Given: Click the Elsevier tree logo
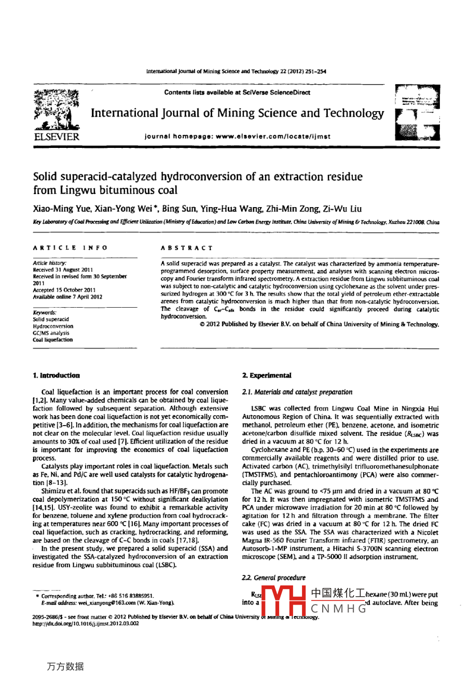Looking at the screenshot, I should click(x=57, y=109).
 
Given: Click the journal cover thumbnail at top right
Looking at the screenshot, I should click(x=417, y=113).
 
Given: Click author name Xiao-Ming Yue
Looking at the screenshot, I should click(x=58, y=209).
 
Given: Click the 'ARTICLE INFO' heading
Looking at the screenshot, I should click(x=70, y=248).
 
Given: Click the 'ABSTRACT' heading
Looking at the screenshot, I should click(x=187, y=248).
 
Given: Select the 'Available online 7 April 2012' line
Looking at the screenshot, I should click(x=68, y=297).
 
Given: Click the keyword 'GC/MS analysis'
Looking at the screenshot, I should click(x=51, y=333).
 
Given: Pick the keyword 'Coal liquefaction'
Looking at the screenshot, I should click(x=53, y=340).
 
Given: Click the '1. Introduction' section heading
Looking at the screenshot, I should click(x=56, y=375).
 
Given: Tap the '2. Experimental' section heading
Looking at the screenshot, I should click(x=267, y=375).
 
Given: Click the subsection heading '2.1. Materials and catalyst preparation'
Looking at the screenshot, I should click(x=297, y=392).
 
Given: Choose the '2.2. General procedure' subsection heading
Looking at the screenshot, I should click(x=273, y=578).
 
